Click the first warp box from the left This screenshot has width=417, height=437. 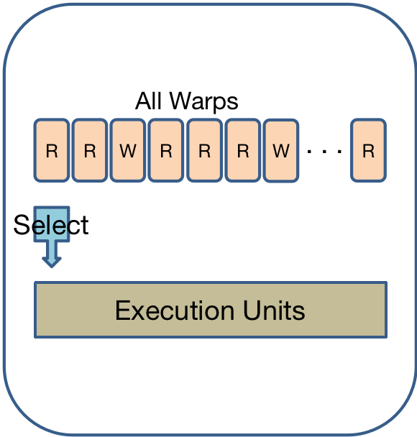pyautogui.click(x=52, y=150)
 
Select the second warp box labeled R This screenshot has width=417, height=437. pyautogui.click(x=90, y=150)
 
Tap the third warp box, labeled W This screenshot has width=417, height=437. pyautogui.click(x=128, y=150)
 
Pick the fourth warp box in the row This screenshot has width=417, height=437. pyautogui.click(x=166, y=150)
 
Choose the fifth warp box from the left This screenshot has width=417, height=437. pyautogui.click(x=205, y=150)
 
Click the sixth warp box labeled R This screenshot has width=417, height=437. pyautogui.click(x=243, y=150)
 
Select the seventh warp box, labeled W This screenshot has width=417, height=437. pyautogui.click(x=281, y=150)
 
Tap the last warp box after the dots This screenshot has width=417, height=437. pyautogui.click(x=369, y=150)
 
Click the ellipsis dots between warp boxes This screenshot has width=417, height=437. pyautogui.click(x=324, y=152)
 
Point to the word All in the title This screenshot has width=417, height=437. pyautogui.click(x=148, y=101)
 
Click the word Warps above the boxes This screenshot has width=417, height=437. pyautogui.click(x=204, y=102)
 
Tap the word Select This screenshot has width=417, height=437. pyautogui.click(x=51, y=225)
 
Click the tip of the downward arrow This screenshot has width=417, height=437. pyautogui.click(x=52, y=267)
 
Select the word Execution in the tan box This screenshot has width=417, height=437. pyautogui.click(x=175, y=310)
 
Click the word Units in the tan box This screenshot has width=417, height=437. pyautogui.click(x=274, y=310)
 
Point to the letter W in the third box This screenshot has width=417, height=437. pyautogui.click(x=128, y=151)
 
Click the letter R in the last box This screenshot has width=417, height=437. pyautogui.click(x=369, y=151)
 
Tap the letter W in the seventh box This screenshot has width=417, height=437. pyautogui.click(x=281, y=151)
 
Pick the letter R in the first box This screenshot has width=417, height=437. pyautogui.click(x=52, y=151)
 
